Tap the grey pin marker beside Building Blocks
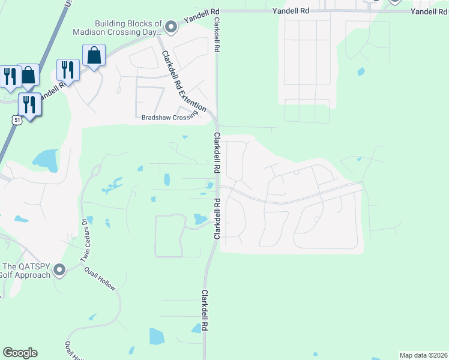(171, 27)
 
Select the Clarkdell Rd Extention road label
(184, 81)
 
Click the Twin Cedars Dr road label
(85, 244)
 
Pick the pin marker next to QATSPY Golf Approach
(59, 270)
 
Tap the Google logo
(20, 353)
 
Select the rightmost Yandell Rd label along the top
(430, 11)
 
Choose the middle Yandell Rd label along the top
(291, 11)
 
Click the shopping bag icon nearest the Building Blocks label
(94, 56)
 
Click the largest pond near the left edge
(45, 159)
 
